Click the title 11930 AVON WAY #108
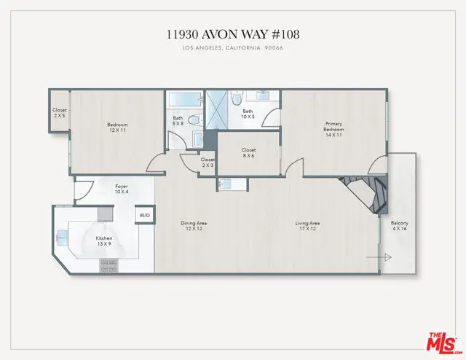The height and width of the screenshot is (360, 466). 232,35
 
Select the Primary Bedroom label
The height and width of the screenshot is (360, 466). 333,128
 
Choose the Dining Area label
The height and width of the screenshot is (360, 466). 194,227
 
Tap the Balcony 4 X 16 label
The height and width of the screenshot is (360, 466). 399,227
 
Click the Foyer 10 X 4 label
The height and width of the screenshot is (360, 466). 122,189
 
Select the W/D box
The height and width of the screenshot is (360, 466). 144,216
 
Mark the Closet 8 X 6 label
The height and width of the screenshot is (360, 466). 248,153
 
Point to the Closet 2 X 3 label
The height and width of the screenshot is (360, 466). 208,163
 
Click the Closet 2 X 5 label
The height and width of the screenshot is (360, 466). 59,113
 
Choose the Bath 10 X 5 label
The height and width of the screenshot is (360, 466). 248,114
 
